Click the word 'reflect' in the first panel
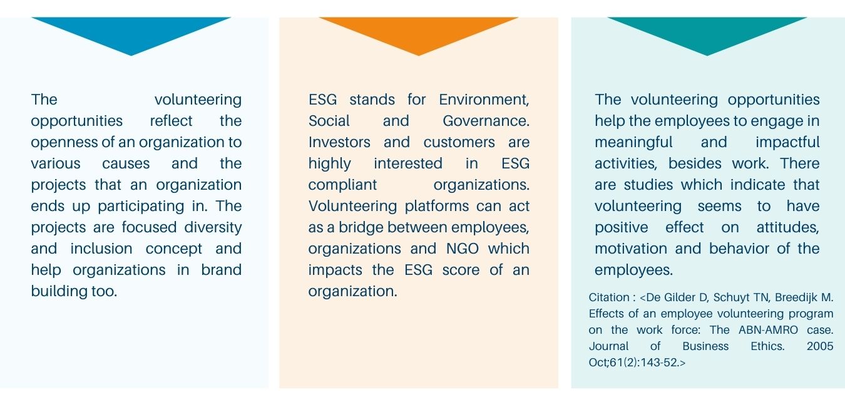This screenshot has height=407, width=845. point(171,121)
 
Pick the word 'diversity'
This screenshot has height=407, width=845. point(213,228)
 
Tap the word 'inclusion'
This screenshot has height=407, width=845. point(101,249)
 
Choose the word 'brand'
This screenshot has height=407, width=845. point(221,270)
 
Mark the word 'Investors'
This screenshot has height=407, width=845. point(339,143)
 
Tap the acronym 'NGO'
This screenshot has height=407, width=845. point(462,249)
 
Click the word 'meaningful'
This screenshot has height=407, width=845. point(633,143)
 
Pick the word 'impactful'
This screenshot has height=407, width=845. point(787,143)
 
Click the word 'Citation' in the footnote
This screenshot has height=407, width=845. point(609,297)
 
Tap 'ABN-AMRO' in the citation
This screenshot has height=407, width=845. point(768,330)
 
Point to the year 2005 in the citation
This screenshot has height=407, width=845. point(820,346)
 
